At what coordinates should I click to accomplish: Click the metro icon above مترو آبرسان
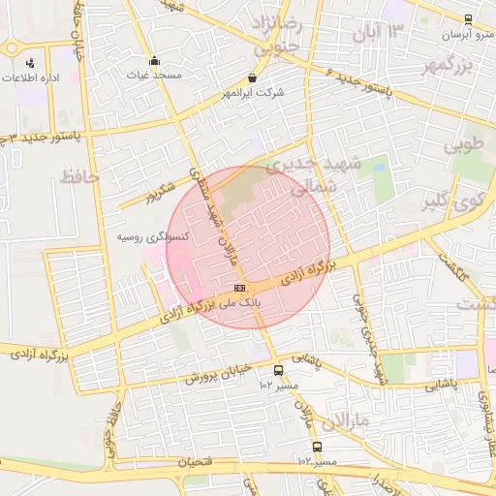468,18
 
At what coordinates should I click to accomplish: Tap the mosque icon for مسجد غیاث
155,60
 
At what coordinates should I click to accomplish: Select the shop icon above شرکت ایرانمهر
253,77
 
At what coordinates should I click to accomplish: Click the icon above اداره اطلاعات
30,63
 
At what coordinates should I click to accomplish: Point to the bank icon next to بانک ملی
239,288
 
